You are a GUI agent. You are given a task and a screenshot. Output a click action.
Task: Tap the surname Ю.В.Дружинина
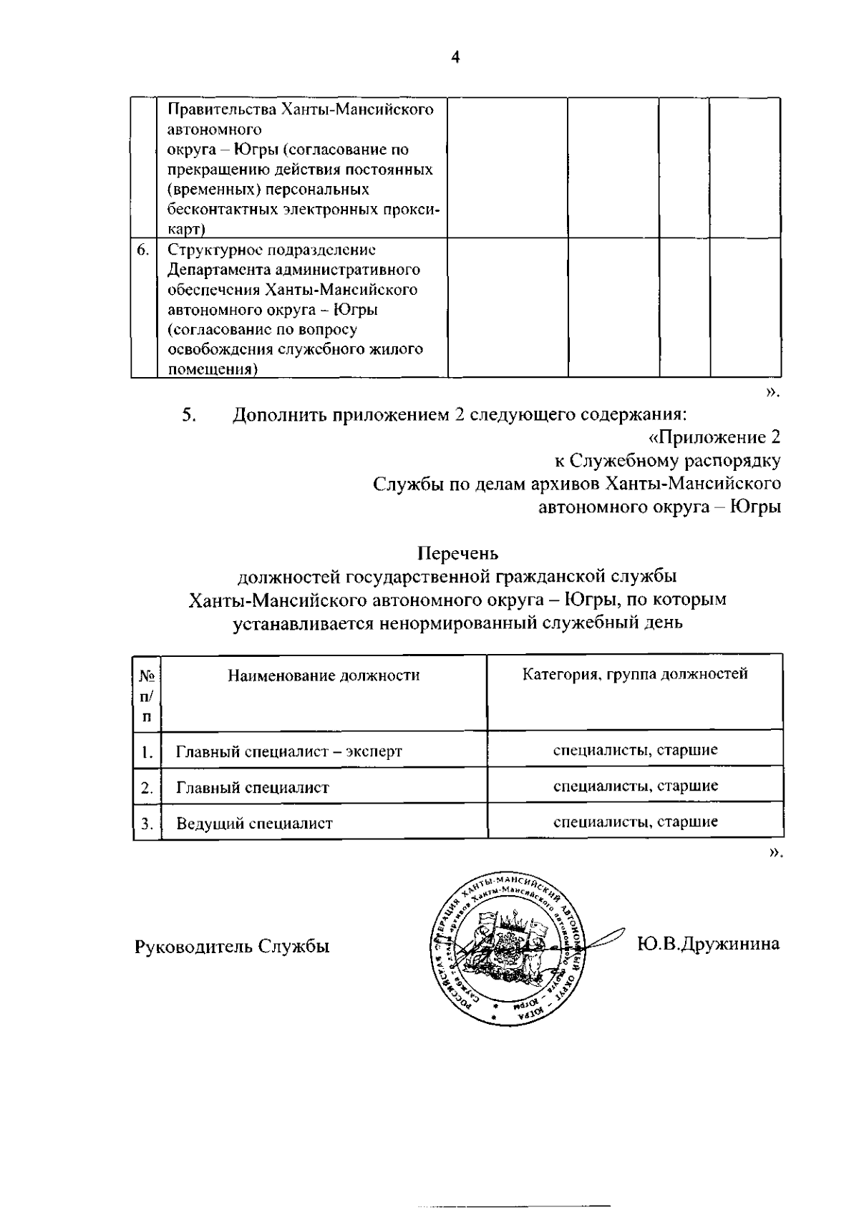[x=708, y=944]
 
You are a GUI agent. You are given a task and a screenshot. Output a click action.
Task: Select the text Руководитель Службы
[x=232, y=947]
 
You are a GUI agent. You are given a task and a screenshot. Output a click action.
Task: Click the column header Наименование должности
[x=324, y=675]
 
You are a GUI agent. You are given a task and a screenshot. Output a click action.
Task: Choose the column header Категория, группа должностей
[x=634, y=674]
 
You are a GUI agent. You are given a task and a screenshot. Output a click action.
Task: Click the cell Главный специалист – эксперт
[x=289, y=751]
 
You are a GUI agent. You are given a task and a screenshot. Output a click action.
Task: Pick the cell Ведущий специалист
[x=254, y=823]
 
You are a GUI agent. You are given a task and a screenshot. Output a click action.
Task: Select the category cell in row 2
[x=635, y=786]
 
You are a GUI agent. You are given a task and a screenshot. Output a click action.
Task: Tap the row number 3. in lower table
[x=147, y=823]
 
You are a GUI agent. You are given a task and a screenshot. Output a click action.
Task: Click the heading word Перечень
[x=457, y=553]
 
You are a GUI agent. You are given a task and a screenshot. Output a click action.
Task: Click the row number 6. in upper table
[x=142, y=250]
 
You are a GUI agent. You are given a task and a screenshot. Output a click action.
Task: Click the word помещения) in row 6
[x=213, y=369]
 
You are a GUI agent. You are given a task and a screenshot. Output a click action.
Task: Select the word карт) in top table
[x=186, y=229]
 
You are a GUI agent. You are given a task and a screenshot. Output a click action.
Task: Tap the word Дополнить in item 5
[x=278, y=414]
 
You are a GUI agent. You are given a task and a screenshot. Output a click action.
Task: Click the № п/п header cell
[x=147, y=696]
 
